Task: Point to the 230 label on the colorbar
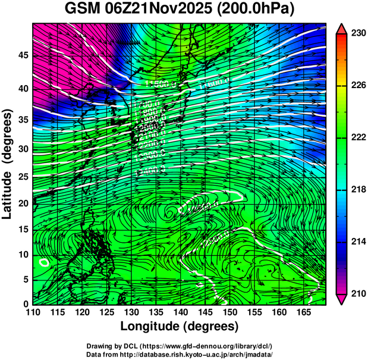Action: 357,34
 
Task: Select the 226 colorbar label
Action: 357,86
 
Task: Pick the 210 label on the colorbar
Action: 357,294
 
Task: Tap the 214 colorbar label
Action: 357,242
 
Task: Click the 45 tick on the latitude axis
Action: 23,55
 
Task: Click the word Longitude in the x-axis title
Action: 152,326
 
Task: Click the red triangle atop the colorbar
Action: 341,29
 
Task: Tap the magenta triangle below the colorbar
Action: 341,299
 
